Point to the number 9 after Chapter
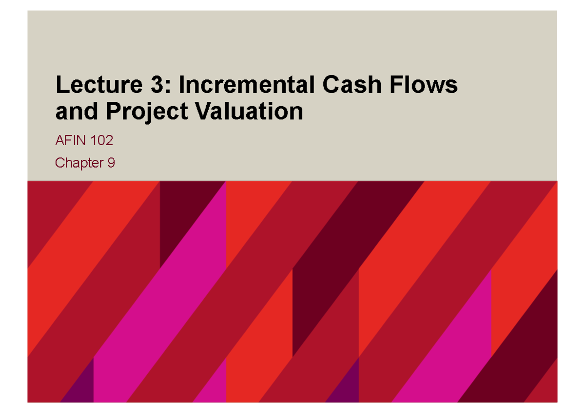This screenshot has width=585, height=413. (111, 163)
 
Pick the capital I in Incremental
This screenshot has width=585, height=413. (182, 86)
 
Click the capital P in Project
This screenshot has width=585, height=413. (113, 112)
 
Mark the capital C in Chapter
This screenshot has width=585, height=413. (60, 163)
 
